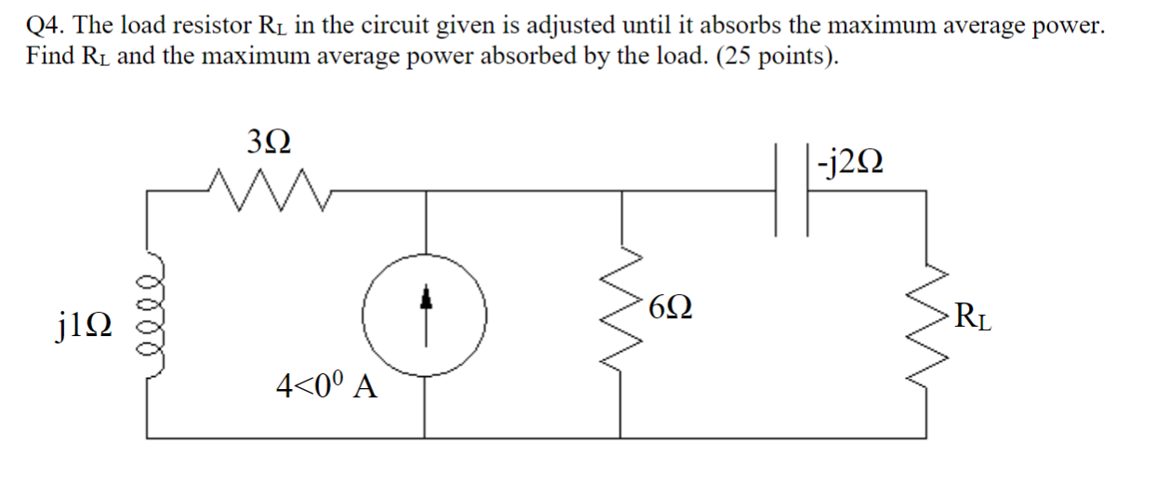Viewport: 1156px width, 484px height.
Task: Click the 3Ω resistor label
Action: click(x=269, y=141)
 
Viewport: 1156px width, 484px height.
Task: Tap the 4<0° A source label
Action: click(x=326, y=384)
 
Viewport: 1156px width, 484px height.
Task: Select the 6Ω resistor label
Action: click(x=671, y=305)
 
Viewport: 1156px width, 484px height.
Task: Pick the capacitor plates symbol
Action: click(x=791, y=191)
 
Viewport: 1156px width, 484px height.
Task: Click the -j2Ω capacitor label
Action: click(x=847, y=165)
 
